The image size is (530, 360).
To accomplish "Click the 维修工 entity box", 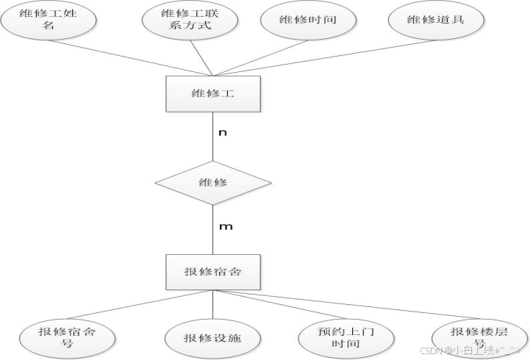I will [212, 93].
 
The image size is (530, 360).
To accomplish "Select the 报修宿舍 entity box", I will [212, 272].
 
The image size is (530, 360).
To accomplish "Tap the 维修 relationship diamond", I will [212, 181].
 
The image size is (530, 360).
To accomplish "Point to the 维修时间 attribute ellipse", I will [308, 20].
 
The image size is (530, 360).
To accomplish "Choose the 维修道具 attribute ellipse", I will [436, 20].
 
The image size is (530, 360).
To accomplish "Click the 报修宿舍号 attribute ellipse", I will [66, 338].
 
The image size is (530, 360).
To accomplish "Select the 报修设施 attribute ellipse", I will [212, 339].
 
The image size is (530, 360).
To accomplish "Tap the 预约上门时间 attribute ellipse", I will [347, 338].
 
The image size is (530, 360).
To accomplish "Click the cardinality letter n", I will [223, 134].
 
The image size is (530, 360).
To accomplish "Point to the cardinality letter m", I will [226, 226].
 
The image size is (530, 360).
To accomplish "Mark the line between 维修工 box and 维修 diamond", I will [212, 140].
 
